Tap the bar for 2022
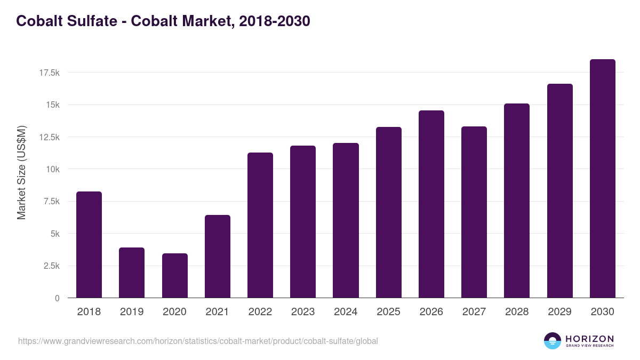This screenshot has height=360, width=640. click(x=260, y=225)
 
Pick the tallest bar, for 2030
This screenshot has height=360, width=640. click(x=603, y=179)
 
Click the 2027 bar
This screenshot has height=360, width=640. click(x=474, y=212)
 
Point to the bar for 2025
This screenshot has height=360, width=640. click(x=389, y=212)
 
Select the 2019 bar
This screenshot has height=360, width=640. click(x=132, y=273)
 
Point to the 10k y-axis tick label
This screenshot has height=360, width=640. click(x=52, y=169)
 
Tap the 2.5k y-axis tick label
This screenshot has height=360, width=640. click(x=51, y=266)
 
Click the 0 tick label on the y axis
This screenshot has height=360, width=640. click(x=57, y=298)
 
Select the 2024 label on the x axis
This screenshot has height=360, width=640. click(x=346, y=312)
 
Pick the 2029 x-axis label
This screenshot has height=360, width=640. click(x=560, y=312)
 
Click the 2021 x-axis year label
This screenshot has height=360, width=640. click(x=218, y=312)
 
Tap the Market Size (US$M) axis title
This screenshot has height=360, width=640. click(x=21, y=172)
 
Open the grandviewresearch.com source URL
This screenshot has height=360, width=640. click(x=198, y=341)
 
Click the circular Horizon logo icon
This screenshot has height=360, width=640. click(x=553, y=341)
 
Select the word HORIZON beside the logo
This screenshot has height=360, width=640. click(x=589, y=339)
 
